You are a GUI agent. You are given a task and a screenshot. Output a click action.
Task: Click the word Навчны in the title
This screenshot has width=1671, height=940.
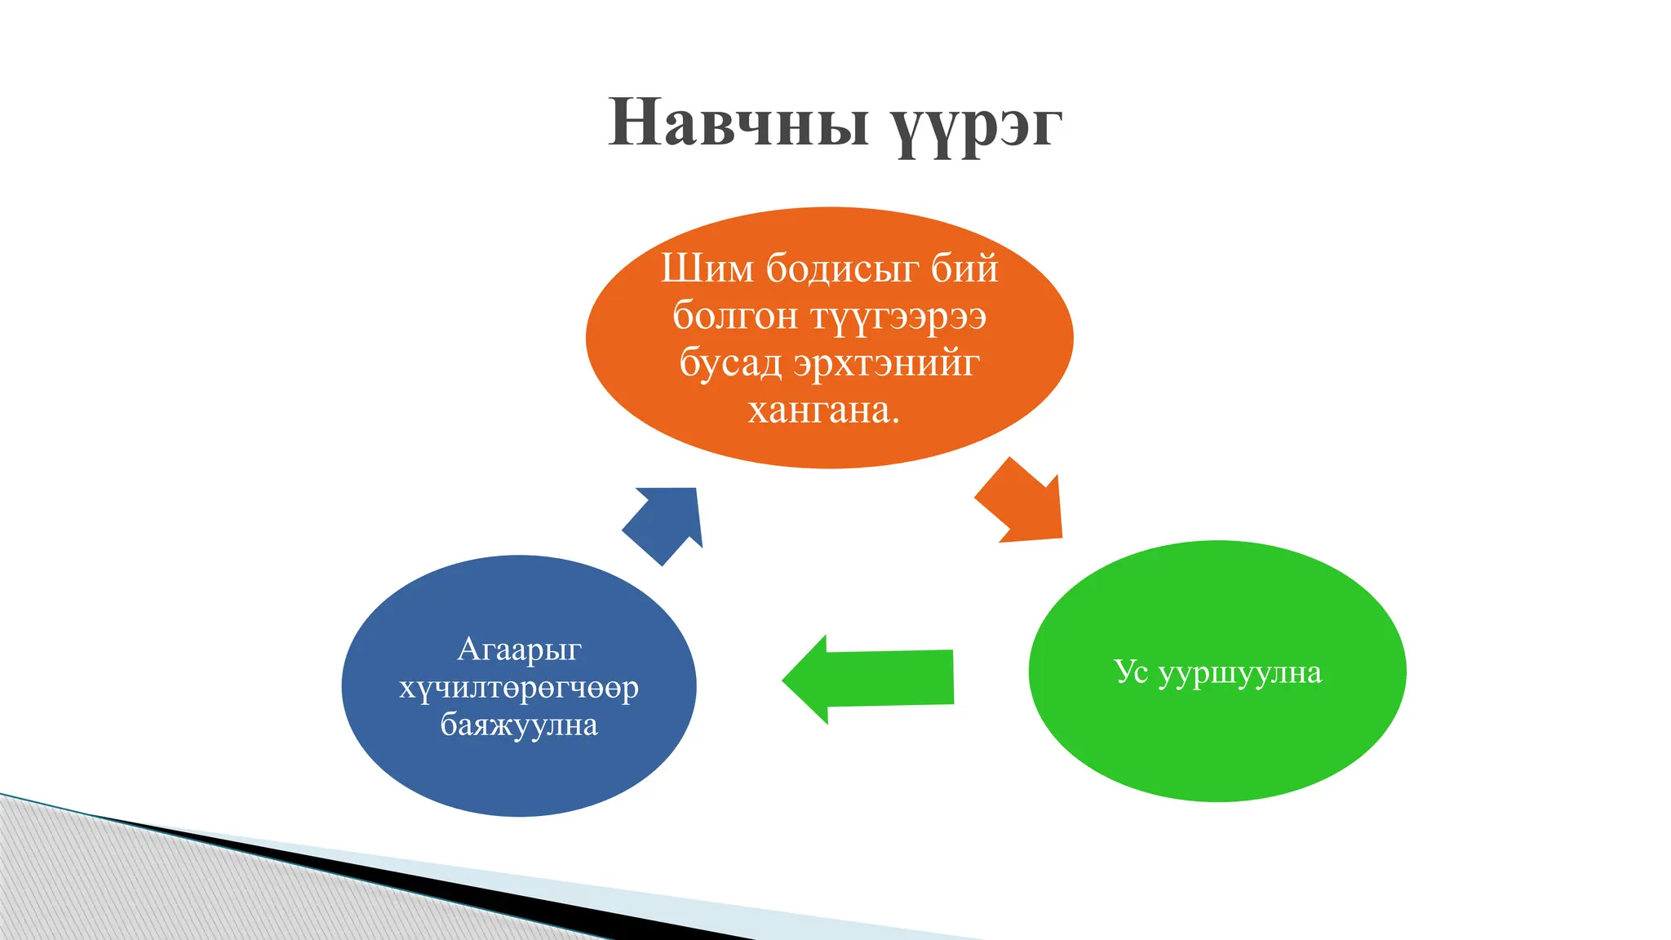point(738,122)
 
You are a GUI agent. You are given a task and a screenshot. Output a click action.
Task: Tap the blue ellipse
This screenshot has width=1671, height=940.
point(519,775)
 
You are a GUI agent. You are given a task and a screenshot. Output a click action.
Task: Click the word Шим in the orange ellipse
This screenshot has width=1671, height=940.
point(707,268)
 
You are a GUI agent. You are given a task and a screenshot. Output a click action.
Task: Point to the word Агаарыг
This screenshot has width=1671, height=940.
point(519,650)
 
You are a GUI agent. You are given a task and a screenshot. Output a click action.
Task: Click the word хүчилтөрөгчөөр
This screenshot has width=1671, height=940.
point(519,689)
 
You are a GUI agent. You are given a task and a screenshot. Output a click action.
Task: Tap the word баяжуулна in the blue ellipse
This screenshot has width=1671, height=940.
point(519,725)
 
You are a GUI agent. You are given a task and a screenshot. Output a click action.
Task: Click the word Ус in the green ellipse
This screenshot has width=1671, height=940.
point(1131,672)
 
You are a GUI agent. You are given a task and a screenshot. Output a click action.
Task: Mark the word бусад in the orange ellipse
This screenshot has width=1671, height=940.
point(730,363)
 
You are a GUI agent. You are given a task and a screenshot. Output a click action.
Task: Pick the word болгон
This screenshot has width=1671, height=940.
point(734,316)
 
